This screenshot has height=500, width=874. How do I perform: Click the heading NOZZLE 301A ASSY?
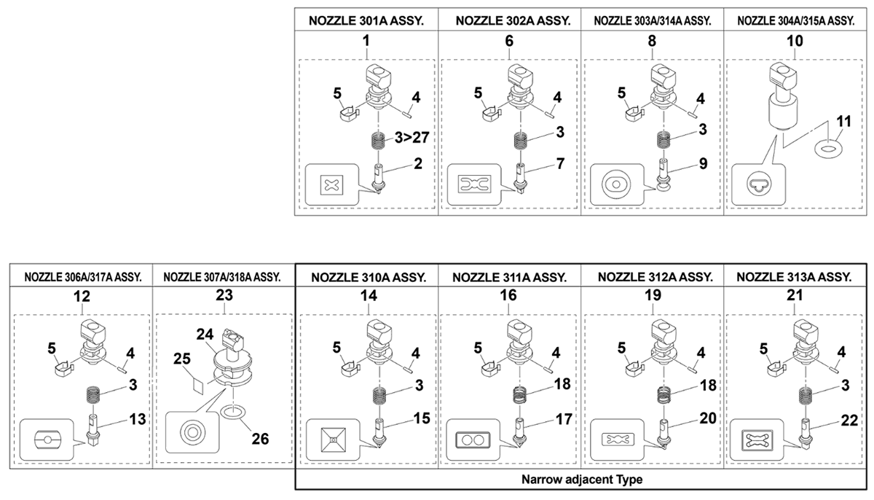tap(366, 20)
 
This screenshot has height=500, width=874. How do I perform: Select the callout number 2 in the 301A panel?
tap(418, 164)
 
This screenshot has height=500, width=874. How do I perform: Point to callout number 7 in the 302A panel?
tap(560, 164)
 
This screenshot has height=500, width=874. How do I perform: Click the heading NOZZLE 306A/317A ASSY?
tap(82, 277)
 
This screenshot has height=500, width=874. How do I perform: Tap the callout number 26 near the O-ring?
tap(260, 439)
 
